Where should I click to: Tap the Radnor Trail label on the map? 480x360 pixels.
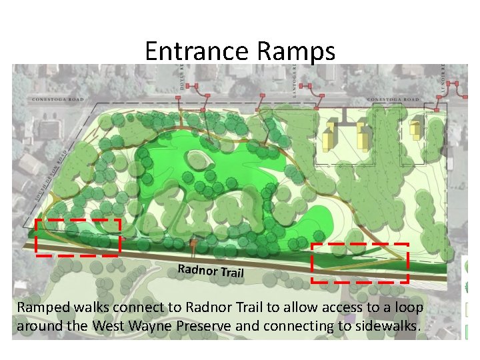[211, 271]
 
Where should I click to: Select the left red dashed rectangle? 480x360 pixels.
[78, 237]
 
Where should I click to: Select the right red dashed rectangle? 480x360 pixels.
[360, 263]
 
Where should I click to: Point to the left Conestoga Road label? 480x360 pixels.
[57, 100]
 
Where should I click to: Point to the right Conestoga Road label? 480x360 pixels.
[394, 100]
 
